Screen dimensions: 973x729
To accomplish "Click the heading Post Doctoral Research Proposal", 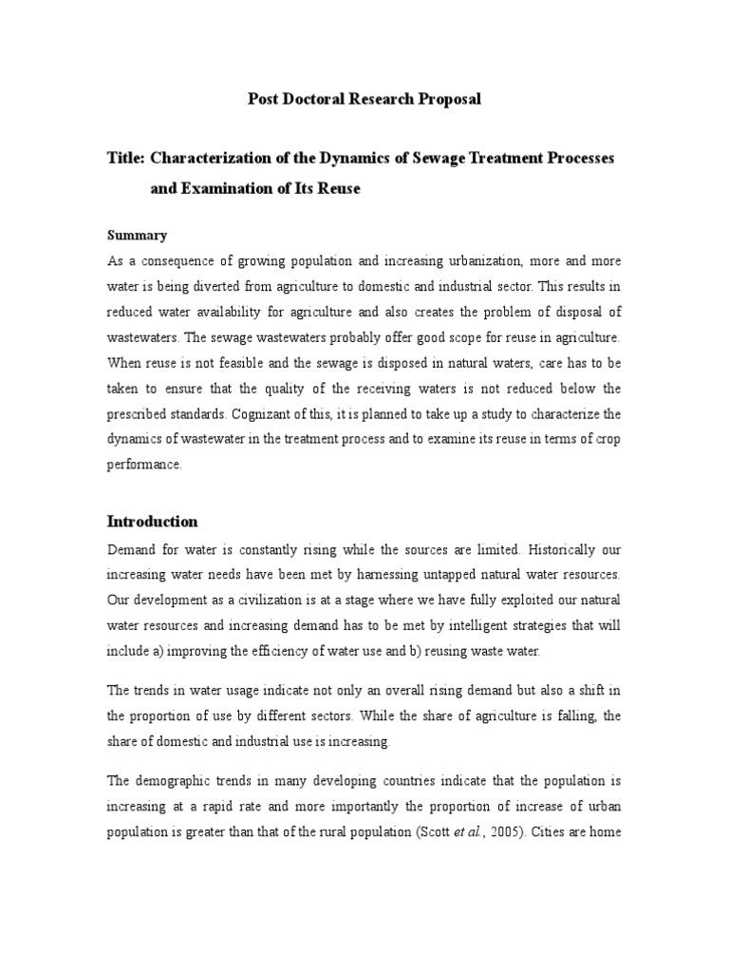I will pyautogui.click(x=364, y=99).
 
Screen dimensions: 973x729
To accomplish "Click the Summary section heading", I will pyautogui.click(x=137, y=235).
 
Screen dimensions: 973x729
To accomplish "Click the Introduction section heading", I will pyautogui.click(x=152, y=522).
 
